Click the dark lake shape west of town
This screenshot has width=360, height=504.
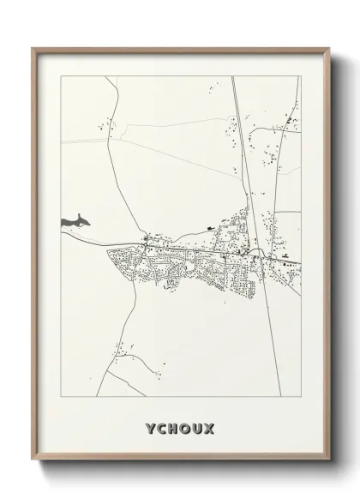tap(75, 222)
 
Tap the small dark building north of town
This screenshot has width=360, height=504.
tap(208, 227)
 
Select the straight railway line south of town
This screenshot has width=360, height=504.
tap(272, 343)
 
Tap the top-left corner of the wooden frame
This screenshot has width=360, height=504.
tap(33, 48)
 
